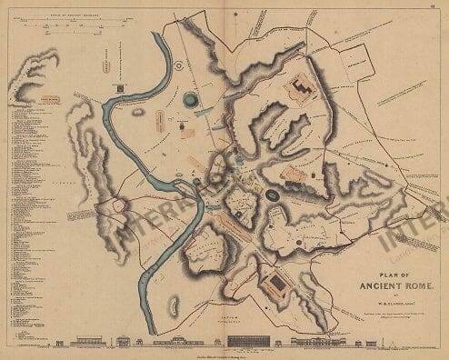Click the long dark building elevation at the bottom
coord(246,342)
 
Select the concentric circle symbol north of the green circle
coord(179,66)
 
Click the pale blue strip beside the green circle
coord(204,110)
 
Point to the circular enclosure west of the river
coord(118,206)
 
